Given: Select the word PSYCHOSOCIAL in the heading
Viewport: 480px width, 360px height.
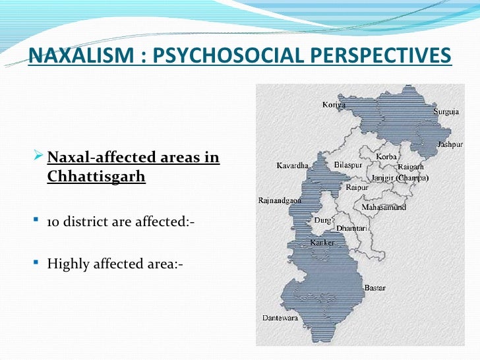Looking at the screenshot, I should click(212, 55).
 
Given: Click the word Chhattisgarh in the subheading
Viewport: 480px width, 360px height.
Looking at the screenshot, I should click(96, 177).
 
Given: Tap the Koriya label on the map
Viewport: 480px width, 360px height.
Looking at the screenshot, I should click(334, 104).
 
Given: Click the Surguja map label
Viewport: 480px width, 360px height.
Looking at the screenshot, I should click(446, 112).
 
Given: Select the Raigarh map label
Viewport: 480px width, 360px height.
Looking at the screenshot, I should click(410, 167).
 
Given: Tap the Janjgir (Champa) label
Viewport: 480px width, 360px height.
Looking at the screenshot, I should click(400, 178).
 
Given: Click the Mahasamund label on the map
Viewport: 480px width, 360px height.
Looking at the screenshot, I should click(384, 208).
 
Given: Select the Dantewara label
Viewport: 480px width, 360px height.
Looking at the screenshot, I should click(280, 317).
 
